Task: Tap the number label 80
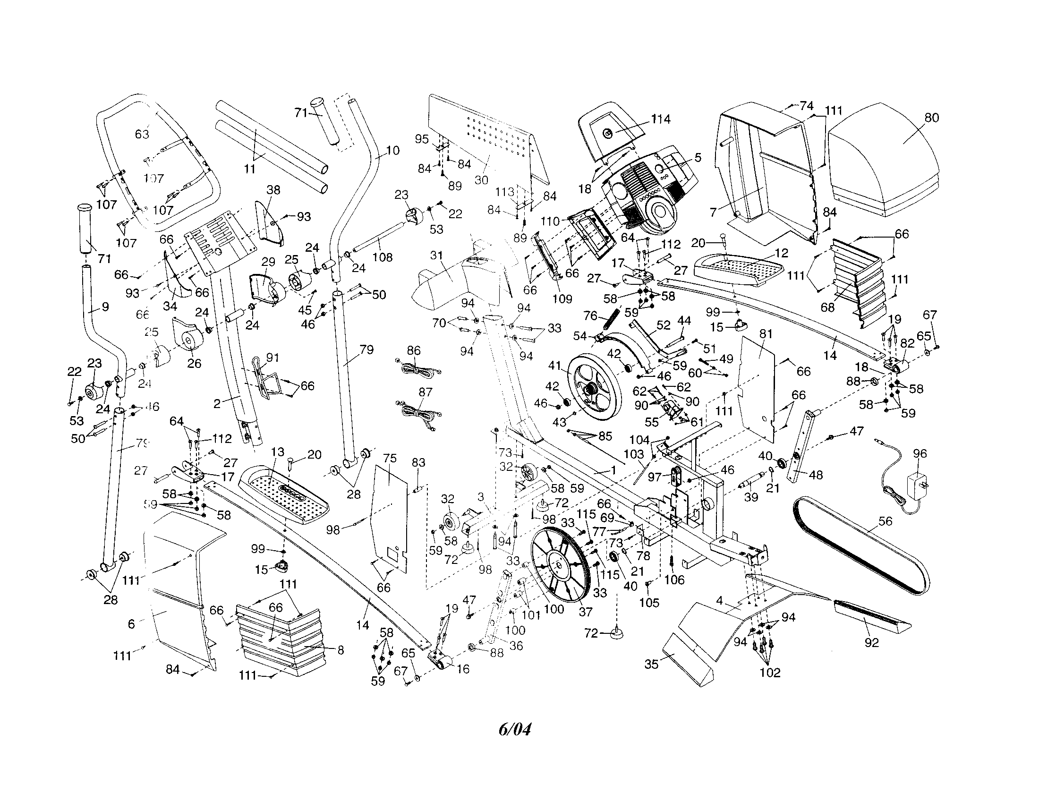click(x=931, y=118)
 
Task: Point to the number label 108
click(x=382, y=257)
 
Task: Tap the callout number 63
click(x=142, y=134)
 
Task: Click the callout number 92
click(x=871, y=643)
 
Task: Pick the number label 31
click(x=436, y=256)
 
